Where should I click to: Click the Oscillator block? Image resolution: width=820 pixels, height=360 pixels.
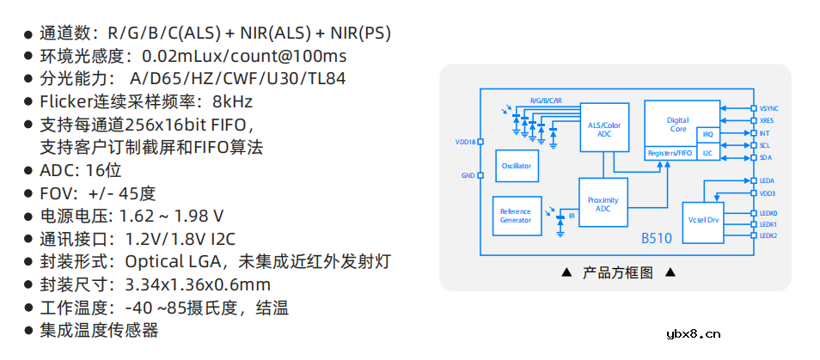click(x=516, y=166)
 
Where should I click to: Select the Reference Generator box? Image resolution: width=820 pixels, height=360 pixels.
click(x=515, y=215)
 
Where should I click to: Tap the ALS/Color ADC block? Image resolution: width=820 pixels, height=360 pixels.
click(x=603, y=130)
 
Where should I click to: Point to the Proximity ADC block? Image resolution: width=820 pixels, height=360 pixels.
click(x=603, y=204)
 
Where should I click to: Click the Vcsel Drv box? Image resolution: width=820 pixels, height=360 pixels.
click(x=702, y=220)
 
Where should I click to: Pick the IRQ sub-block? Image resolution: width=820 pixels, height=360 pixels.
click(x=707, y=135)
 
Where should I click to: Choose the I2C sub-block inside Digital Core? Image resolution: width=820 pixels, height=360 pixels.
click(x=707, y=152)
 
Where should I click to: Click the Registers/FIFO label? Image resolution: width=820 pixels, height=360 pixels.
click(x=670, y=152)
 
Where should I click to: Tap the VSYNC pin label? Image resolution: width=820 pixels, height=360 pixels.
click(x=769, y=109)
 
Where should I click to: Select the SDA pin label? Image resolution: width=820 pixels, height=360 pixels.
click(x=766, y=157)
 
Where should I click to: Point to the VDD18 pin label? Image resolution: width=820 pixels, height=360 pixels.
click(x=465, y=142)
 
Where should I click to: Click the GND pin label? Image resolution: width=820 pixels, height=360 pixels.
click(x=468, y=175)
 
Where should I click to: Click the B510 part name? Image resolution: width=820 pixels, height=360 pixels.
click(x=657, y=238)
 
